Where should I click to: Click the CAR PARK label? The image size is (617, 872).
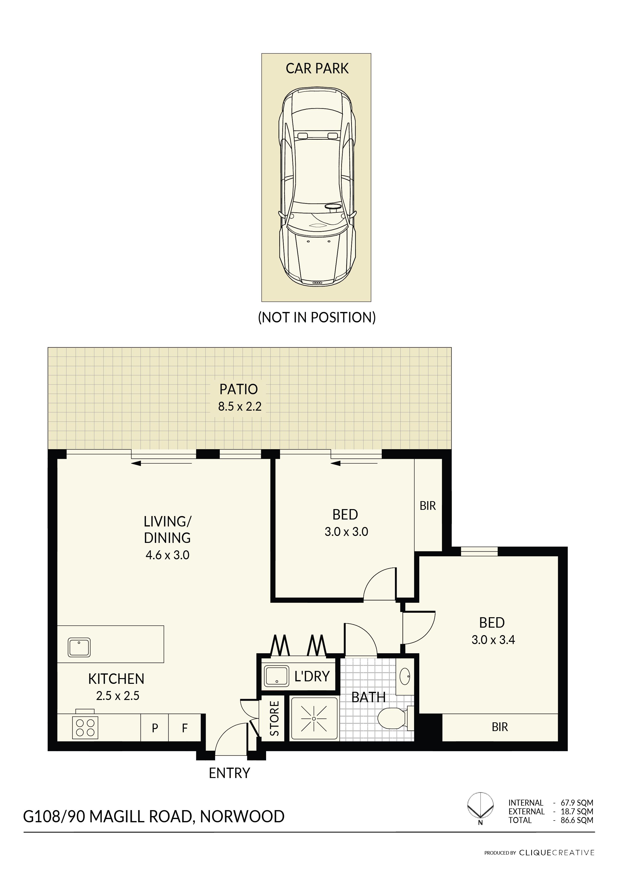pos(317,68)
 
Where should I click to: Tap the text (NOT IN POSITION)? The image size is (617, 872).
pos(317,317)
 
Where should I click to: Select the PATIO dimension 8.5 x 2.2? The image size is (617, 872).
pos(240,406)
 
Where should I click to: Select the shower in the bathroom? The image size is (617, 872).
pos(314,719)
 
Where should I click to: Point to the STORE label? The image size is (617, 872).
pos(274,719)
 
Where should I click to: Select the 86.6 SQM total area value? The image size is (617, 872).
pos(577,820)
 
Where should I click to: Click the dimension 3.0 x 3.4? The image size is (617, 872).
pos(493,640)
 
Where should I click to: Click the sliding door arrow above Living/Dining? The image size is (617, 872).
pos(161,463)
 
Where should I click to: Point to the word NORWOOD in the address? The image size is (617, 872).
pos(242,817)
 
